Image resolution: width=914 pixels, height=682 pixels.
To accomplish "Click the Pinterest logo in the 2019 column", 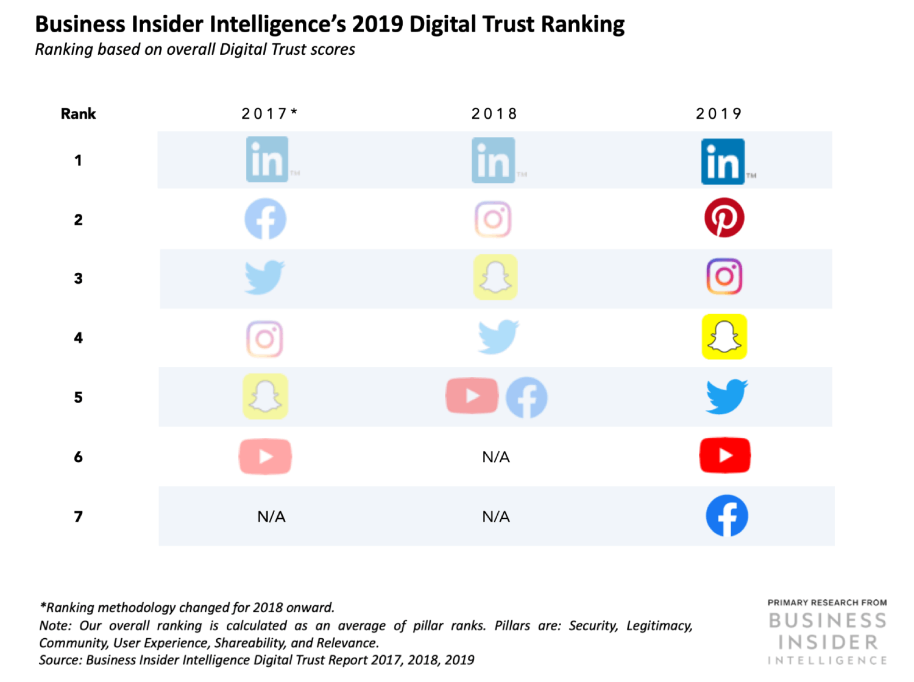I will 724,217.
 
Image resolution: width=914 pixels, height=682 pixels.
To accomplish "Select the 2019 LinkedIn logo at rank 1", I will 723,161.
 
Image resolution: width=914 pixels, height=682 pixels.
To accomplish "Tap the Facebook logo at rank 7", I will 726,516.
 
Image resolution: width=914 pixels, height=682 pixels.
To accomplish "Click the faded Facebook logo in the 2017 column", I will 265,219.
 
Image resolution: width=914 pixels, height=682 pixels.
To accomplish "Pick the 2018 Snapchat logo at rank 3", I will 495,277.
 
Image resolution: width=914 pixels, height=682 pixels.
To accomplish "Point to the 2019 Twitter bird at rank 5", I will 726,396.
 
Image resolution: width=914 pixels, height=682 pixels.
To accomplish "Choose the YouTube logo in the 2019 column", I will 724,455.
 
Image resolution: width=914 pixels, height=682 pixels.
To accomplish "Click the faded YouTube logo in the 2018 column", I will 472,396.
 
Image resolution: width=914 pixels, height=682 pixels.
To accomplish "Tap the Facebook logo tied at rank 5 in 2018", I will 526,398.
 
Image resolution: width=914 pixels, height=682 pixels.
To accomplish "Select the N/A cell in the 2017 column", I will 271,517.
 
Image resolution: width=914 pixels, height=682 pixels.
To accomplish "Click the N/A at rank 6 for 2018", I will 495,457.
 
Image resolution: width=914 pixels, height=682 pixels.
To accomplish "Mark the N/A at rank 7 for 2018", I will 495,517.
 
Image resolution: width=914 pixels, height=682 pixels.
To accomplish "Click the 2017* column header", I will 269,114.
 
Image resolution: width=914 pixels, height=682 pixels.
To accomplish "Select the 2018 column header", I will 494,114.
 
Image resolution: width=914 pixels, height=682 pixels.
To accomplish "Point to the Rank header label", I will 78,114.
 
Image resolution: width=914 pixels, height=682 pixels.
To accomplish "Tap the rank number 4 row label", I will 78,338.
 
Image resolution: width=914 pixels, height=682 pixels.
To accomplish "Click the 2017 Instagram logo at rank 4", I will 264,339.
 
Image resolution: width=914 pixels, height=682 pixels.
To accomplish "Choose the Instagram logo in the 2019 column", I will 724,276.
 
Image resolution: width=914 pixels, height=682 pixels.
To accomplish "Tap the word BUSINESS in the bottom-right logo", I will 827,620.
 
